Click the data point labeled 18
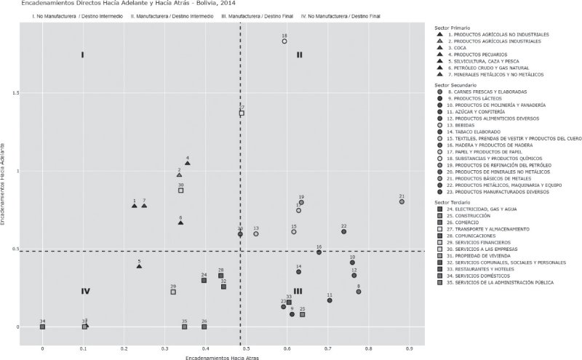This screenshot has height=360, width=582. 284,41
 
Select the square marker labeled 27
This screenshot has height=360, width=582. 242,113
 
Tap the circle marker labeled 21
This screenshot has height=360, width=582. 402,201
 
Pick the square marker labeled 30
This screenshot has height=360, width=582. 180,191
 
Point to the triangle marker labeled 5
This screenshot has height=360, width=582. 139,266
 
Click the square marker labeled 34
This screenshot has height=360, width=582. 42,327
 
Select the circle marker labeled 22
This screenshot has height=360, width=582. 343,231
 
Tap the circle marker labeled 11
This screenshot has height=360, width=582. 330,300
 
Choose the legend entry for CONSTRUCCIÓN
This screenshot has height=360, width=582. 471,216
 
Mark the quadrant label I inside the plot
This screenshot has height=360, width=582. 82,55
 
